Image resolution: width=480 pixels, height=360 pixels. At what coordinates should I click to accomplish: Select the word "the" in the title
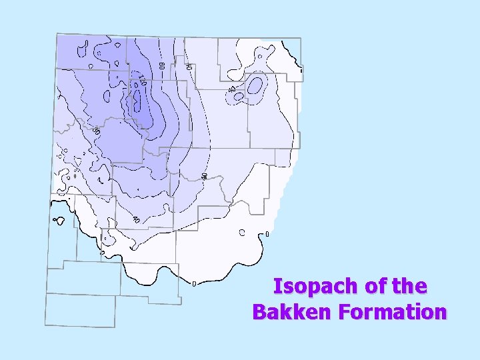[x=407, y=287]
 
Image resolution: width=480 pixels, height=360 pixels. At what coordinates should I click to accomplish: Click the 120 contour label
[x=143, y=81]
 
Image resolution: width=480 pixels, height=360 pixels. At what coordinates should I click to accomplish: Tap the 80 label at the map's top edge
[x=162, y=67]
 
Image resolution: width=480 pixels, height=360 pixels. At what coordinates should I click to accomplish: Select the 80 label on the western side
[x=97, y=129]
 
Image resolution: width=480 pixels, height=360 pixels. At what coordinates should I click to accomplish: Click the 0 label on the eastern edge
[x=267, y=234]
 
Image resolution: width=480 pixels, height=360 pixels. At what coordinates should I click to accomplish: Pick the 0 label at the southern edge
[x=194, y=284]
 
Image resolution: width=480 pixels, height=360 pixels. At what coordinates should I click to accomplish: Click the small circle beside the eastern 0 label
[x=242, y=232]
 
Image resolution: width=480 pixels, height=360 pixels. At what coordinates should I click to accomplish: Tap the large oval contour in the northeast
[x=255, y=85]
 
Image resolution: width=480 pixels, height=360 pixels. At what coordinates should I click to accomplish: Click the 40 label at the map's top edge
[x=189, y=67]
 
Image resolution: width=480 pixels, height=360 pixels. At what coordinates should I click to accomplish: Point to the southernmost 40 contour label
[x=135, y=219]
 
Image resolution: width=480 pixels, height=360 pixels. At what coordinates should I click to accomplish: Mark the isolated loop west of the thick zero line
[x=59, y=220]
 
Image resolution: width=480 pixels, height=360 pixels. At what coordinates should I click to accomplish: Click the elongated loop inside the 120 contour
[x=138, y=100]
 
